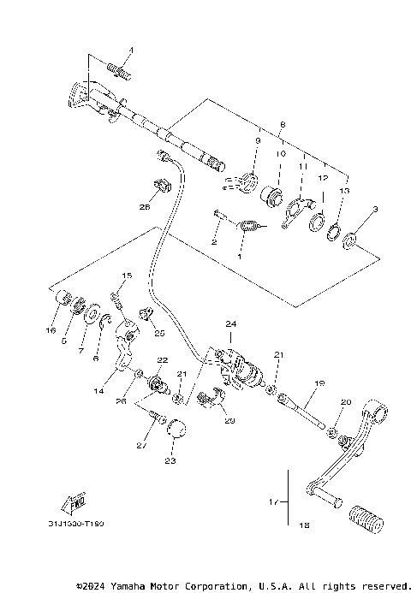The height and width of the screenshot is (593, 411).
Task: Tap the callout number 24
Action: [229, 324]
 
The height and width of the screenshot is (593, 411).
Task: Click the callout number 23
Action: [170, 460]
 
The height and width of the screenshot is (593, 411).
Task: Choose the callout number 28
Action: [144, 206]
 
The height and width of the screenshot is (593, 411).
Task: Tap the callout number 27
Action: [141, 446]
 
